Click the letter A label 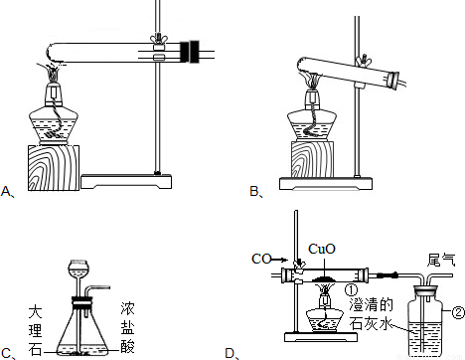[6, 191]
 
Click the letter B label [255, 191]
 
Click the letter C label [7, 353]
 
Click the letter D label [232, 353]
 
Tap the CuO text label [321, 249]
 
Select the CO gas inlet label [261, 259]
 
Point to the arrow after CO [279, 259]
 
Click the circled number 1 [351, 289]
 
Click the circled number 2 [458, 312]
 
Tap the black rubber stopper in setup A [189, 52]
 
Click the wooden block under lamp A [53, 168]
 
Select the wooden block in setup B [312, 159]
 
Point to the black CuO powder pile [325, 278]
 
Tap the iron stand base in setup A [126, 181]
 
